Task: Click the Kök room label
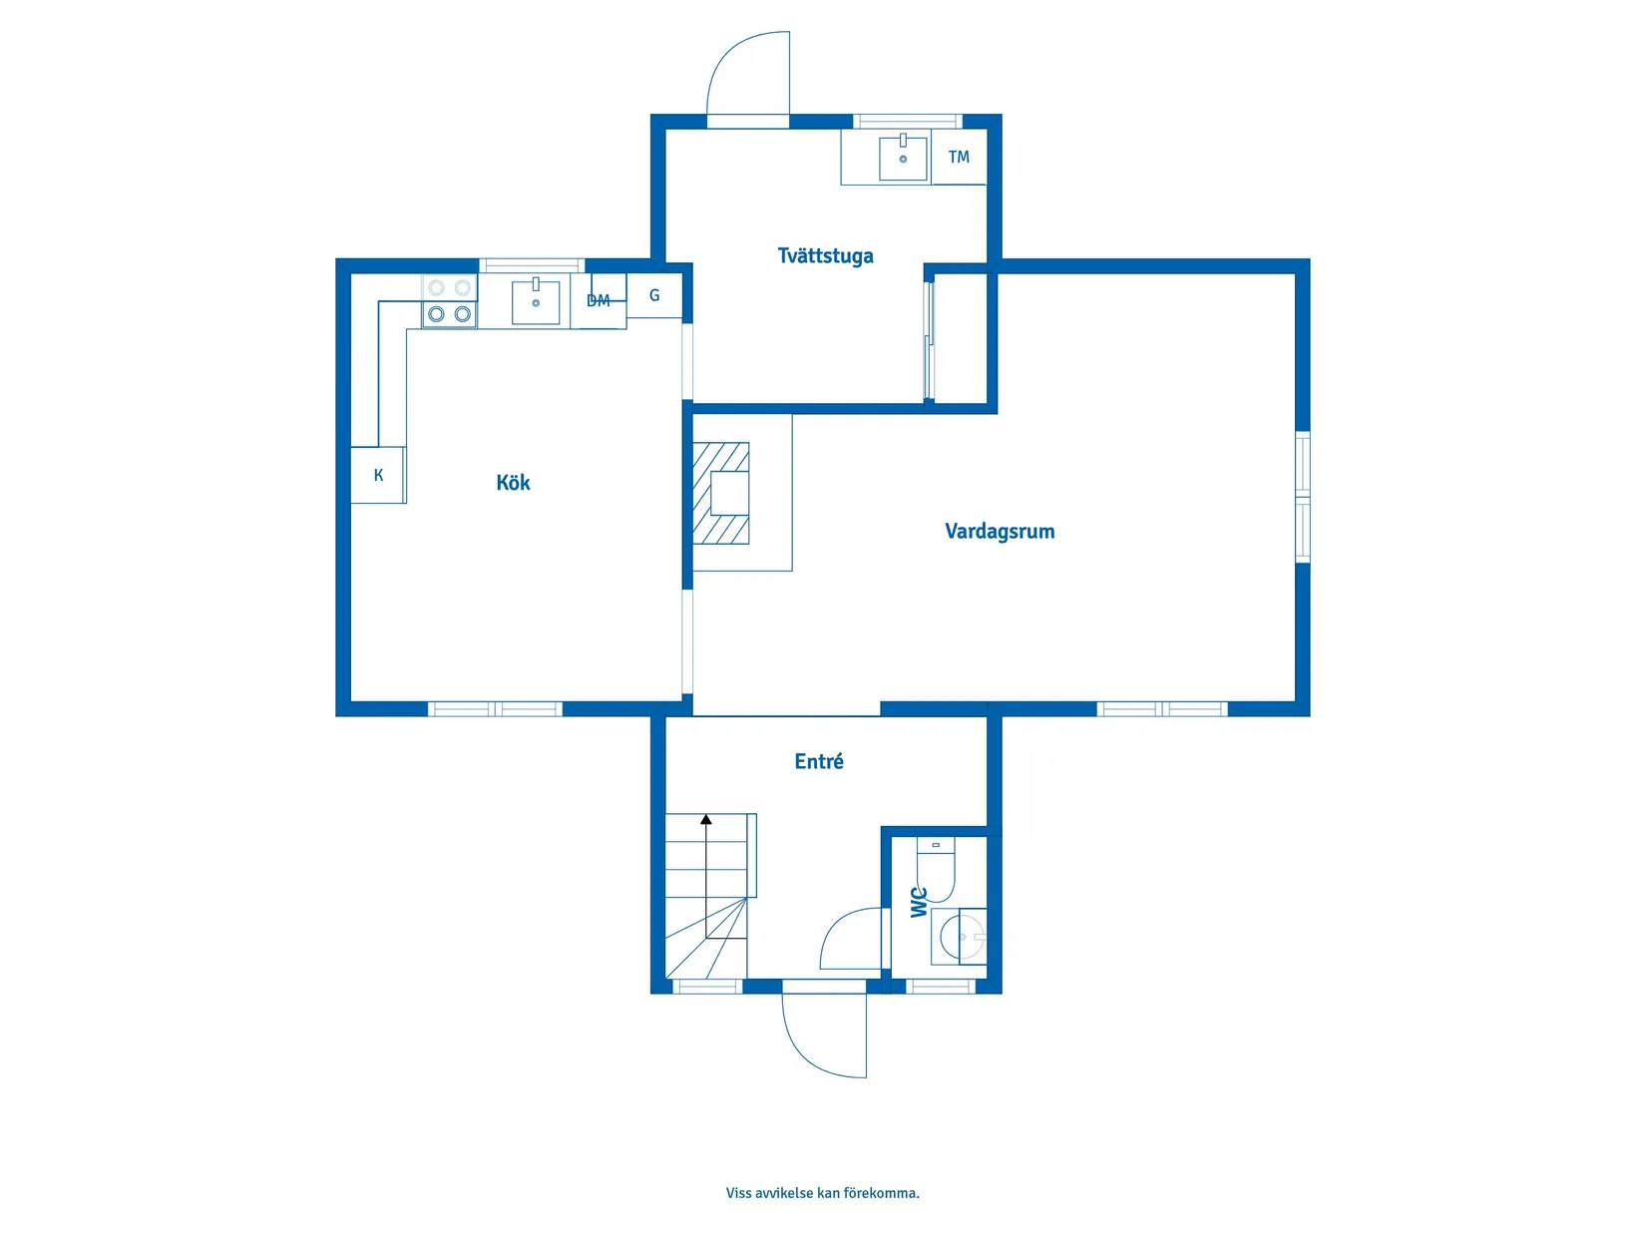[x=513, y=483]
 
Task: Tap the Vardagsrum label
[x=1000, y=531]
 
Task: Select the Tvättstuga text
[x=825, y=255]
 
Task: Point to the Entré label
[x=819, y=762]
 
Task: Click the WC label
[x=919, y=902]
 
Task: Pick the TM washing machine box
[x=959, y=157]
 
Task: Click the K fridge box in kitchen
[x=378, y=475]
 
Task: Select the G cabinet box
[x=654, y=295]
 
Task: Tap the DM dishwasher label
[x=599, y=301]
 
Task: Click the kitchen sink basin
[x=536, y=301]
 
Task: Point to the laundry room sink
[x=903, y=159]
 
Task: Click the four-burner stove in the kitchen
[x=449, y=301]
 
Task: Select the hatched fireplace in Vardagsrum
[x=720, y=494]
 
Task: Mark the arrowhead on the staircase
[x=706, y=819]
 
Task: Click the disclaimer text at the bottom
[x=822, y=1193]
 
